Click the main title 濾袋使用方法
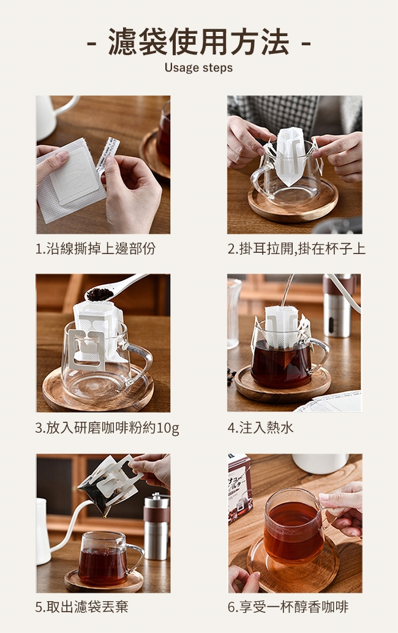[198, 42]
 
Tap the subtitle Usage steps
[198, 67]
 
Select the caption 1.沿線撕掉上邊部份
[96, 249]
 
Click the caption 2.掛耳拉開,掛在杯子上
[296, 249]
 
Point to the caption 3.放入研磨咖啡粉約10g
[107, 427]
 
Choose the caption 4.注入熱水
[260, 427]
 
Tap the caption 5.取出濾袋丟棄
[82, 606]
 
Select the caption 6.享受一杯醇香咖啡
[288, 606]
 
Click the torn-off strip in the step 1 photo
[108, 154]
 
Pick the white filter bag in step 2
[290, 156]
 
